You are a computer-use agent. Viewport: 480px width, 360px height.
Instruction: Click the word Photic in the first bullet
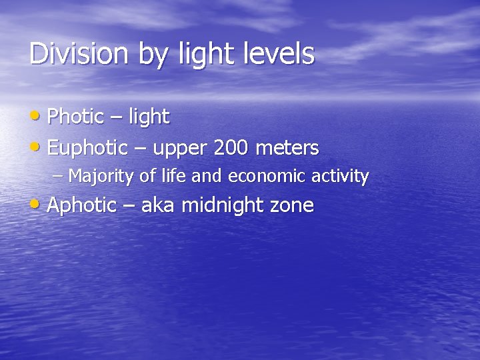76,117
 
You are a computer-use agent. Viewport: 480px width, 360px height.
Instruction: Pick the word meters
288,147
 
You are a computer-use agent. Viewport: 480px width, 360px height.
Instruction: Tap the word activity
344,177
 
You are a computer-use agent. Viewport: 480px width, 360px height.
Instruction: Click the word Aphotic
82,205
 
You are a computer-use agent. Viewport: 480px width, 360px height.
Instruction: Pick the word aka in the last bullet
158,205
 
